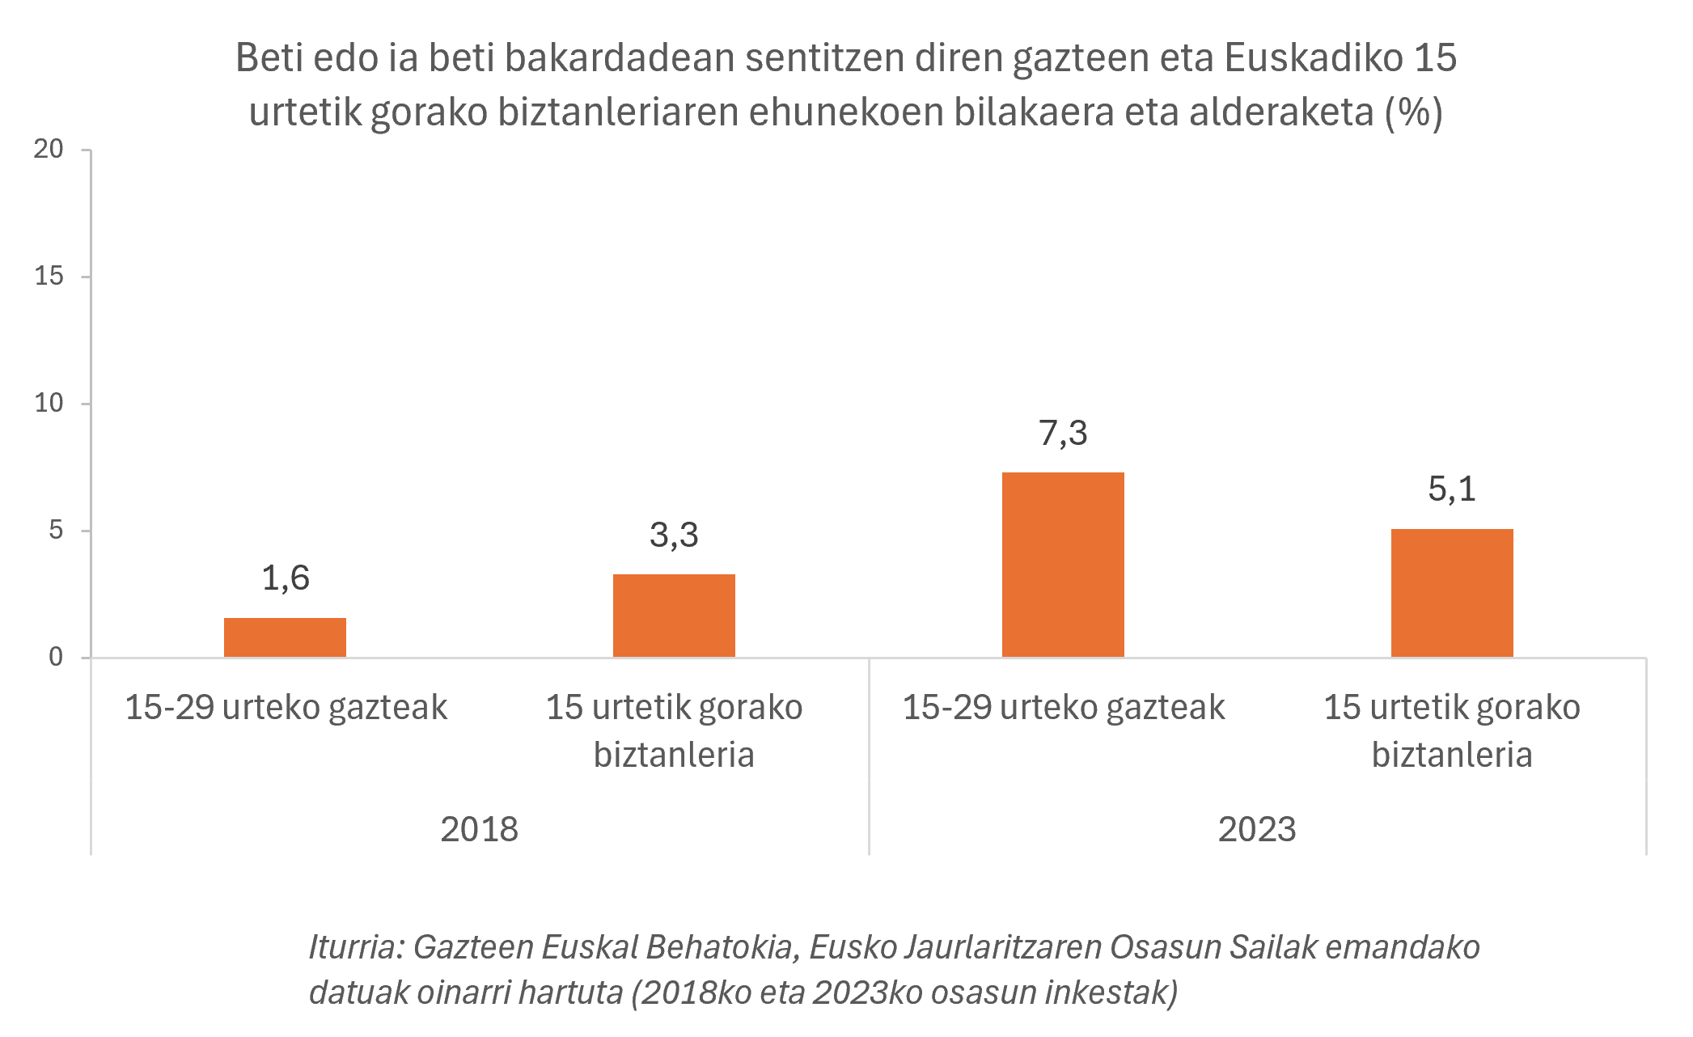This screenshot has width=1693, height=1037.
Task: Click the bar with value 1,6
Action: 285,637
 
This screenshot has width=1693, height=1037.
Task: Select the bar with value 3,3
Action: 674,616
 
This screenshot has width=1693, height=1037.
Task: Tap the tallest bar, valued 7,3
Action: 1063,565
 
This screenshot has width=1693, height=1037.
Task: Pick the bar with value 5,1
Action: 1452,593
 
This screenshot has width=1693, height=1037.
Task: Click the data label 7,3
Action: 1063,434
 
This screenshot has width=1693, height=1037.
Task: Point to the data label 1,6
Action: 286,578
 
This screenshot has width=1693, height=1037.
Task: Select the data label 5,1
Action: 1452,489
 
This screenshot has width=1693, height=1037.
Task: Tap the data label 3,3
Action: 674,535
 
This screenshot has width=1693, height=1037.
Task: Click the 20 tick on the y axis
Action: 49,149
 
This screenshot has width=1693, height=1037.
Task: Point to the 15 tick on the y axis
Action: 49,276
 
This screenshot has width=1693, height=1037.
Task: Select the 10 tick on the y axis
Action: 49,403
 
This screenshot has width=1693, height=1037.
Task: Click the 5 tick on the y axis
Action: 56,530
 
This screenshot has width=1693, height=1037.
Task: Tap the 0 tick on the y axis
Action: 56,657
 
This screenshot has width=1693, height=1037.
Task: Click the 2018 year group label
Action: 479,830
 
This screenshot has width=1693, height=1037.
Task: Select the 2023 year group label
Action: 1257,830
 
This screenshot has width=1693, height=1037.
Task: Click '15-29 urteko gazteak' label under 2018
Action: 286,708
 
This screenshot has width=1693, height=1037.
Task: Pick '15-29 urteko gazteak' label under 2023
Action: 1063,708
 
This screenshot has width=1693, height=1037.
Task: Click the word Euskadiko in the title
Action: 1314,58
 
